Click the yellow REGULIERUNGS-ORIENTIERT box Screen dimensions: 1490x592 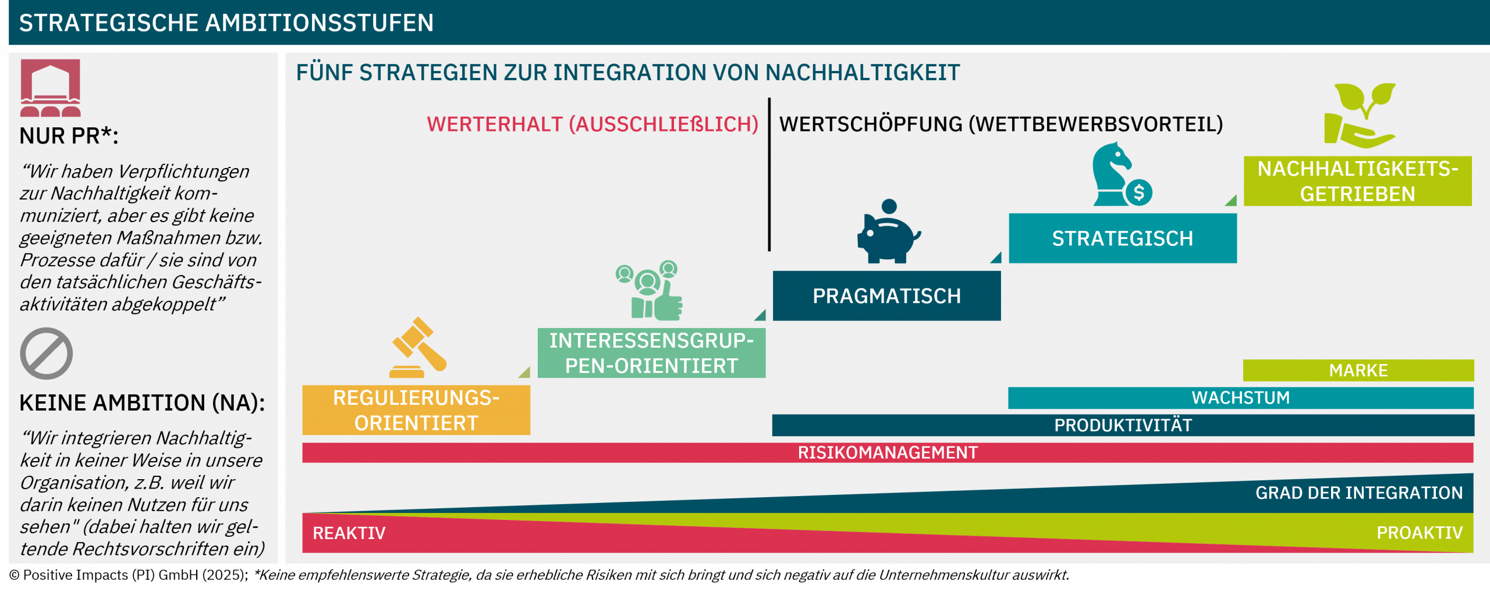pos(416,410)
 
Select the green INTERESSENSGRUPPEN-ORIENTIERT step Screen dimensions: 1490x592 pos(651,353)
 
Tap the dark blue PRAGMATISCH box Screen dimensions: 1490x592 pos(886,296)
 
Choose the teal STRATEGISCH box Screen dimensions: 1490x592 pos(1123,238)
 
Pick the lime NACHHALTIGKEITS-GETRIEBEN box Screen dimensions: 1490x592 pos(1358,181)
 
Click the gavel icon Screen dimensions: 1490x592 pos(418,348)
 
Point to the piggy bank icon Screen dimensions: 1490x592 pos(888,231)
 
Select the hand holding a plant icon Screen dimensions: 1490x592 pos(1360,116)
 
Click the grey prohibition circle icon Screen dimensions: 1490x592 pos(47,354)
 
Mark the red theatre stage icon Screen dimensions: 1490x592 pos(51,88)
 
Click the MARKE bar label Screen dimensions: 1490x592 pos(1358,370)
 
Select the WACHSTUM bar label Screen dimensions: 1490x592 pos(1241,398)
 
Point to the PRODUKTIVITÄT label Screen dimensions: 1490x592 pos(1123,425)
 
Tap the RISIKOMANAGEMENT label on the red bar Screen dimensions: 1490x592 pos(888,452)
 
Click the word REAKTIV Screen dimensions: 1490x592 pos(349,533)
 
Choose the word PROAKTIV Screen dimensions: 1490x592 pos(1420,533)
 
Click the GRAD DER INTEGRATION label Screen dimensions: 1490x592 pos(1359,493)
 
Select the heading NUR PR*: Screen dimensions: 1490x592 pos(69,135)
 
